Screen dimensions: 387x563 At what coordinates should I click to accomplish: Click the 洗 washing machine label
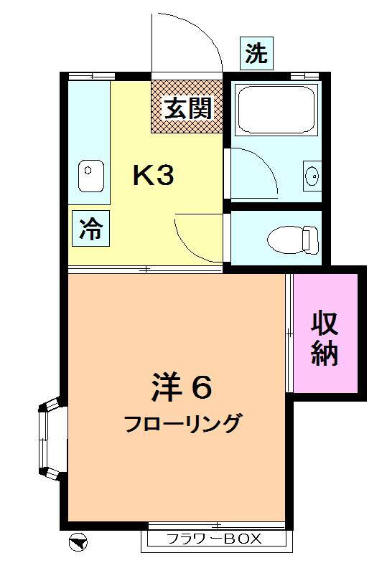click(x=256, y=53)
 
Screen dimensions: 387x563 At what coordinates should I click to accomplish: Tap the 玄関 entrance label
click(x=188, y=108)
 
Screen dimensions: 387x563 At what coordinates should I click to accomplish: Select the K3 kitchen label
click(x=154, y=175)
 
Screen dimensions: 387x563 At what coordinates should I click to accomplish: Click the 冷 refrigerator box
click(x=91, y=228)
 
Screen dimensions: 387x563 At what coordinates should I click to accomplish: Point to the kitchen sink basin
click(x=91, y=176)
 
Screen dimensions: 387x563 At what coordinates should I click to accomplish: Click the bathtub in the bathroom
click(x=276, y=110)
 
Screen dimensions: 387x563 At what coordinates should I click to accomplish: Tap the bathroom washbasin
click(x=312, y=176)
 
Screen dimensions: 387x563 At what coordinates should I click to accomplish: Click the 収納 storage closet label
click(x=325, y=339)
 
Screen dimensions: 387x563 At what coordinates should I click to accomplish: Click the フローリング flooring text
click(x=182, y=424)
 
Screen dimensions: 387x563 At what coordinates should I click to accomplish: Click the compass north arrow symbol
click(x=78, y=541)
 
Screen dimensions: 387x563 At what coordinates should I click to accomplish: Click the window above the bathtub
click(x=304, y=76)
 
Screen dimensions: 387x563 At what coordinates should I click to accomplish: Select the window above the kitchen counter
click(x=92, y=76)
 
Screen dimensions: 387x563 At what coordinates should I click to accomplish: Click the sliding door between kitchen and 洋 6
click(x=146, y=268)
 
